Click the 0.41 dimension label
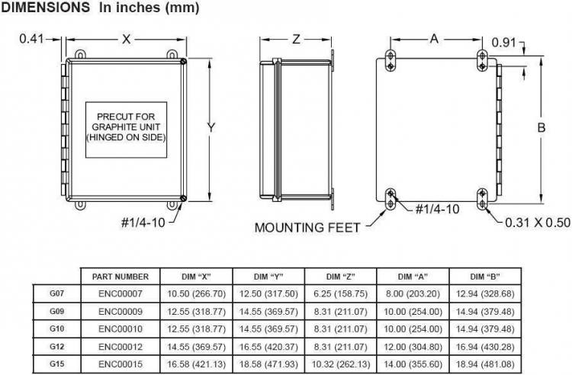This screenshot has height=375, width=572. pos(31,39)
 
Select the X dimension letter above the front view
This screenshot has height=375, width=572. pos(126,39)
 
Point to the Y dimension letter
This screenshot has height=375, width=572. pos(211,127)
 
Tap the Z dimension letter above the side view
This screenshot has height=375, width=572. pos(296,39)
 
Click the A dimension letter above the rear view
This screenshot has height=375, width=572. pos(434,38)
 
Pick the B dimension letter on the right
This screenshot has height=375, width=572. pos(541,127)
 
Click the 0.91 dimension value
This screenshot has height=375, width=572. pos(504,43)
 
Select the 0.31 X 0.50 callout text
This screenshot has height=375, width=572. pos(538,223)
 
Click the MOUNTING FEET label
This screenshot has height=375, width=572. pos(307,228)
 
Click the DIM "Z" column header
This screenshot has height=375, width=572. pos(341,277)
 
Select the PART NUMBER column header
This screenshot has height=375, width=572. pos(121,277)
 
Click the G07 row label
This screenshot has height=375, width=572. pos(57,293)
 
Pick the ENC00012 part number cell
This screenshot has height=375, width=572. pos(121,347)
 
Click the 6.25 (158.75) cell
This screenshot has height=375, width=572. pos(341,293)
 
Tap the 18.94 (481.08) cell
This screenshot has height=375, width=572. pos(485,364)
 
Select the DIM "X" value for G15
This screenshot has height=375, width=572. pos(196,364)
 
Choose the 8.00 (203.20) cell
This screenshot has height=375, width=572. pos(413,293)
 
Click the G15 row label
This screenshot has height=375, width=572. pos(57,364)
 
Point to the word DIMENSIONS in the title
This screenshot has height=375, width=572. pos(46,8)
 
